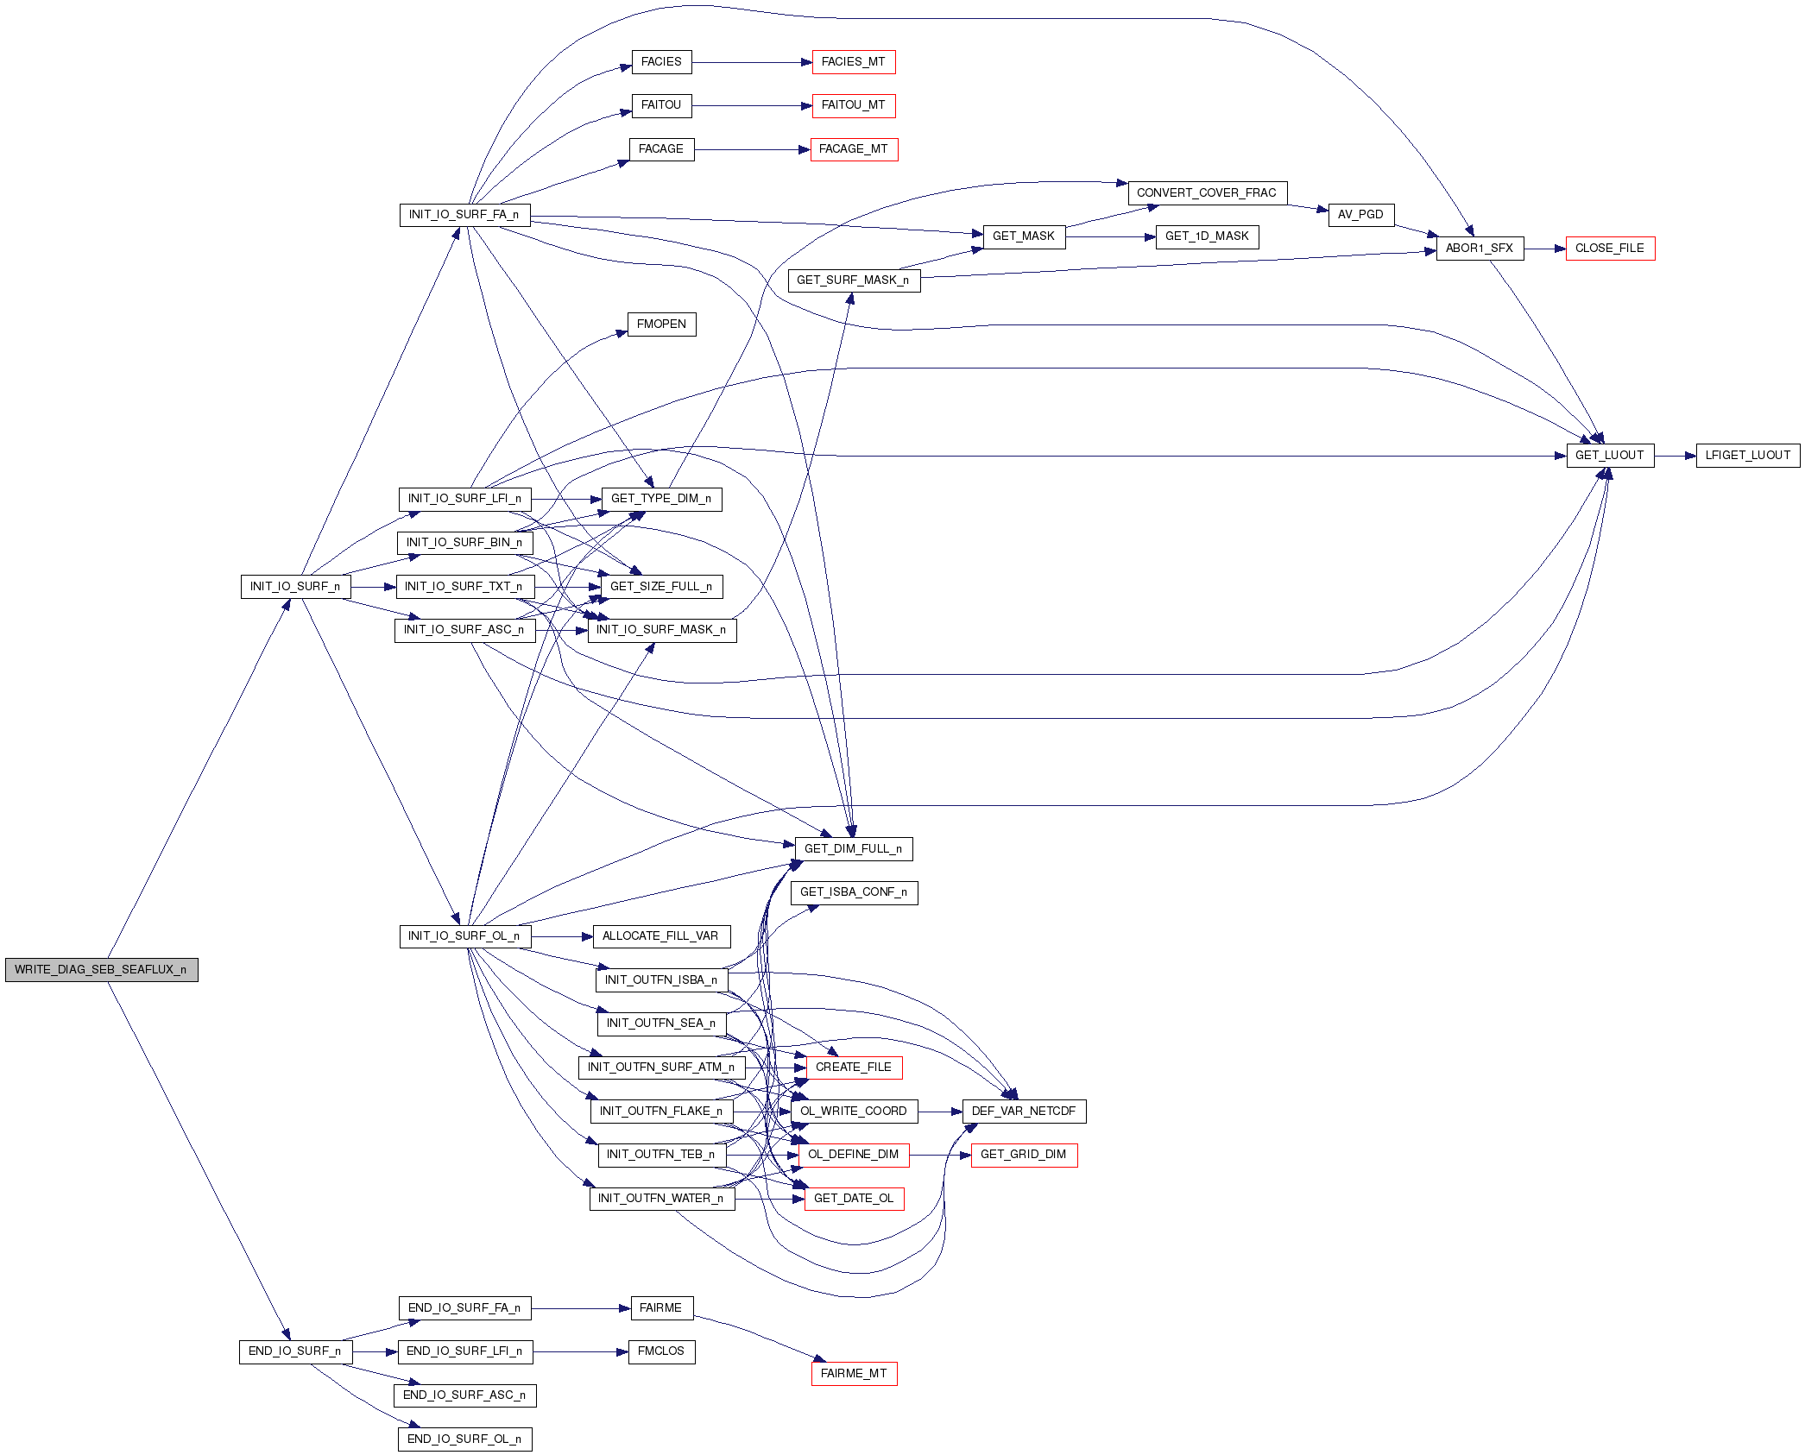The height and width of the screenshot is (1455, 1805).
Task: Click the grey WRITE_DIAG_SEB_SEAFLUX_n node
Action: pos(101,970)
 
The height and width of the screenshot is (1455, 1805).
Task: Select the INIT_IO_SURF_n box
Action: pos(295,587)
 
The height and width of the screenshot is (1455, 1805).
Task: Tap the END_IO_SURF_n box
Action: pos(295,1351)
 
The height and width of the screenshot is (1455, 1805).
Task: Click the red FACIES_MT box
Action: pos(853,62)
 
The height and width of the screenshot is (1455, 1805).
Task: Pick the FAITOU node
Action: pos(661,105)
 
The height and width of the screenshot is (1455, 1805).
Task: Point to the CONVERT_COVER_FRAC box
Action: pos(1207,193)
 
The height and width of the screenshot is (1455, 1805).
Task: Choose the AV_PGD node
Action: pos(1360,215)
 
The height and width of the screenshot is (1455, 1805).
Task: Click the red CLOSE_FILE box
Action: pos(1609,249)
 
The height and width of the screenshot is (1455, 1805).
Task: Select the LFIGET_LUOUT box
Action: pos(1747,456)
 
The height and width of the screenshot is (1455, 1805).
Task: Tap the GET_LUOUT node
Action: pos(1609,456)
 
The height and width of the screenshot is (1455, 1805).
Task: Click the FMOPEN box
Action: pos(661,324)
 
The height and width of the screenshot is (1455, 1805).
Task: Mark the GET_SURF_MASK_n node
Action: pos(853,280)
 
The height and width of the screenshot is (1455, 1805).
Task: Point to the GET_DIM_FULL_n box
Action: pos(853,849)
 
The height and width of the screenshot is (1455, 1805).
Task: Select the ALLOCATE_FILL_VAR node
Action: pos(660,936)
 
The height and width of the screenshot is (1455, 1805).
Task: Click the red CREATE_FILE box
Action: pos(853,1068)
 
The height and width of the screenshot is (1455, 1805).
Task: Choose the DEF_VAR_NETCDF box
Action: pos(1024,1112)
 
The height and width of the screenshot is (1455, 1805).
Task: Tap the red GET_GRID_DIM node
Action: pos(1024,1155)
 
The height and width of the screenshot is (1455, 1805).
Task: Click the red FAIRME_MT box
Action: pos(853,1374)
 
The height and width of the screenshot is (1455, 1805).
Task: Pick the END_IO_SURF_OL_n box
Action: pos(464,1439)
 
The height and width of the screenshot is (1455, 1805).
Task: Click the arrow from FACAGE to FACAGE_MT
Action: pos(751,149)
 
